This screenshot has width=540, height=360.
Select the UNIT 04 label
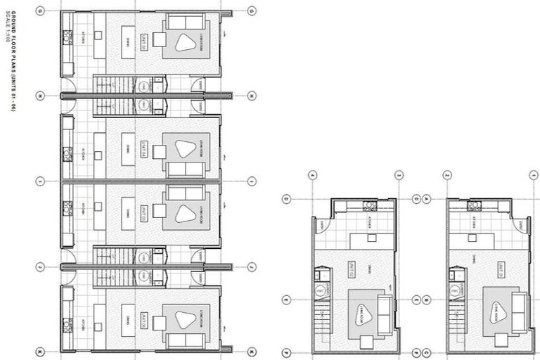click(143, 150)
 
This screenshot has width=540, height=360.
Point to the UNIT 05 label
click(143, 212)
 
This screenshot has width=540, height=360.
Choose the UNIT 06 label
click(143, 321)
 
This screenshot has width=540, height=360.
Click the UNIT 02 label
click(352, 269)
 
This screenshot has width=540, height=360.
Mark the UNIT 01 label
click(501, 269)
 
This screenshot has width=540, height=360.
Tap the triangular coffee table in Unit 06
click(186, 321)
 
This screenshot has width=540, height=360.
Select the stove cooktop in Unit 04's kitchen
click(67, 153)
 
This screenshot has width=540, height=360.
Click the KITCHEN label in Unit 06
click(82, 323)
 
